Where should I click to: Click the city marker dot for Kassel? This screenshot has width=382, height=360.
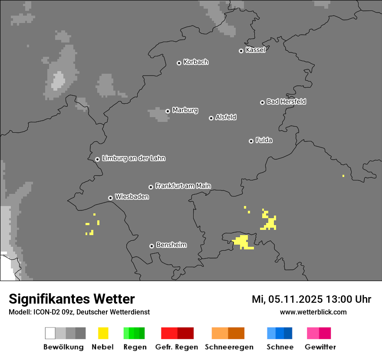(x=241, y=51)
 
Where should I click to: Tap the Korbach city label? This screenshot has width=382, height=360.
(x=196, y=62)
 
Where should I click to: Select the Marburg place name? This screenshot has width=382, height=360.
(x=185, y=110)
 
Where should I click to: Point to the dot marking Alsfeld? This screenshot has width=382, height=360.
(x=211, y=118)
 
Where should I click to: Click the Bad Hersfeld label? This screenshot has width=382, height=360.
(x=286, y=101)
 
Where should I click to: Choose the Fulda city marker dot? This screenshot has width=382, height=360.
(x=251, y=141)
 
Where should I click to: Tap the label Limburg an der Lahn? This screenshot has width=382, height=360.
(x=133, y=158)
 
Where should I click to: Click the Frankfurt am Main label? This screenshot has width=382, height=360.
(x=183, y=186)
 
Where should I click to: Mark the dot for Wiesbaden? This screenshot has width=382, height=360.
(x=111, y=198)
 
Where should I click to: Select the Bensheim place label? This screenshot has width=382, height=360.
(x=171, y=245)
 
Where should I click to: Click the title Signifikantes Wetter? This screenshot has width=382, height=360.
(x=72, y=299)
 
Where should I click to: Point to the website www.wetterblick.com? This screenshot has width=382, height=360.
(x=313, y=312)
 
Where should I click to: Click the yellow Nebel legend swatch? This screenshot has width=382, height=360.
(x=103, y=333)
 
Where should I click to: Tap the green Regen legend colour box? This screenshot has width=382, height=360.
(x=134, y=333)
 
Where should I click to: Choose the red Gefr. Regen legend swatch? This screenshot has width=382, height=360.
(x=177, y=333)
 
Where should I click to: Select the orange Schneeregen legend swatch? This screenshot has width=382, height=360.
(x=228, y=333)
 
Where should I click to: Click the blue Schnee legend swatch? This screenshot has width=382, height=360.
(x=280, y=333)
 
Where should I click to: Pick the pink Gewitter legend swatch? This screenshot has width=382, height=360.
(x=319, y=333)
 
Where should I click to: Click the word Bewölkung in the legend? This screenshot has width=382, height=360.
(x=63, y=347)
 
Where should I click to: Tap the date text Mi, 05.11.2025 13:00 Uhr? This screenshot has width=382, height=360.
(x=311, y=299)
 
